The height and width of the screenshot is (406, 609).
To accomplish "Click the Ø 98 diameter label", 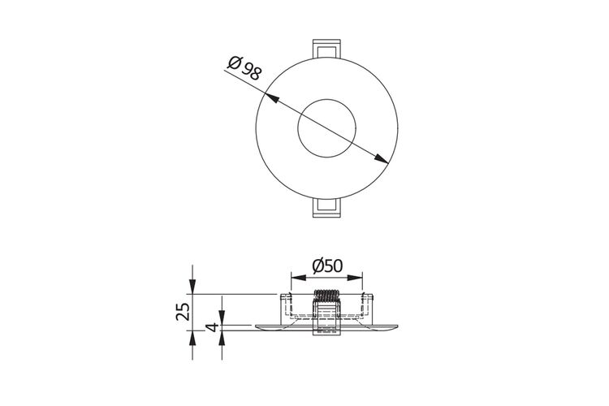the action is [x=244, y=67].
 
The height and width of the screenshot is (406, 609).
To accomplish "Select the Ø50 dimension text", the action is [x=327, y=266].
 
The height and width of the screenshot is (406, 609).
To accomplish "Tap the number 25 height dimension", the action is [x=183, y=312].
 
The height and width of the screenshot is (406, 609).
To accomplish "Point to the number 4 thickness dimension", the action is [x=212, y=327].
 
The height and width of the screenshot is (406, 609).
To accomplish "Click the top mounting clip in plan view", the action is [x=327, y=49].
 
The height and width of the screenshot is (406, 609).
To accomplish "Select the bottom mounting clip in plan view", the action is [x=327, y=208].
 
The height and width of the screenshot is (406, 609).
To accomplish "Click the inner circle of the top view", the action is [x=326, y=128].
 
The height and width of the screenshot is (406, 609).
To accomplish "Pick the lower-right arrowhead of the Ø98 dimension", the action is [x=381, y=158].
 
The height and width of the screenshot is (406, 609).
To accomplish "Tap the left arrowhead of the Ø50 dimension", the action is [x=299, y=278].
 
